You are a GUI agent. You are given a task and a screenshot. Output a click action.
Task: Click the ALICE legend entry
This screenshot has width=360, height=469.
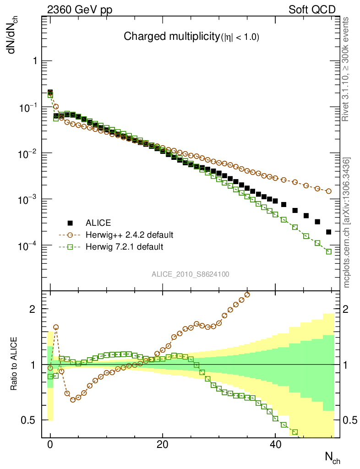pos(98,223)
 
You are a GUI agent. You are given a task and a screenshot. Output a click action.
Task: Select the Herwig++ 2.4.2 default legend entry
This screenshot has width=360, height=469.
pos(129,235)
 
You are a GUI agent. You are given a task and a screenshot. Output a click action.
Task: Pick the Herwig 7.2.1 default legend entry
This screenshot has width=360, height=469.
pos(124,247)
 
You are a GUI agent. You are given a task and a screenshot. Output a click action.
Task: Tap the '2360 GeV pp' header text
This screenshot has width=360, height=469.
pos(80,10)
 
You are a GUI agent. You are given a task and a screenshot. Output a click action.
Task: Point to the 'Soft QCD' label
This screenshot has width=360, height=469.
pos(312,10)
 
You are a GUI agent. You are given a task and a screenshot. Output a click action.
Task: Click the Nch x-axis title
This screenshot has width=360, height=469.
pos(333,457)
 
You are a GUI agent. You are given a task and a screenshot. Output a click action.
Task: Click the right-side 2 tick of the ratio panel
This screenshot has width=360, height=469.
pos(346,309)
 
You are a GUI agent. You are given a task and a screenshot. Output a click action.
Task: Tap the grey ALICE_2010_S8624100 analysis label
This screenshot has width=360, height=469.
pos(191,274)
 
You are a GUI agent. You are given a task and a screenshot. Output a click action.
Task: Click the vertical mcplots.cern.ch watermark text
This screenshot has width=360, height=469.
pos(347,222)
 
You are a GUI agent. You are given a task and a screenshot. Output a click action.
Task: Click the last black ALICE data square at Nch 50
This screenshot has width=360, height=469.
pos(328,232)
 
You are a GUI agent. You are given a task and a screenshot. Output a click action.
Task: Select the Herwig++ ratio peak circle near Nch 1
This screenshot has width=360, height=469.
pos(56,327)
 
